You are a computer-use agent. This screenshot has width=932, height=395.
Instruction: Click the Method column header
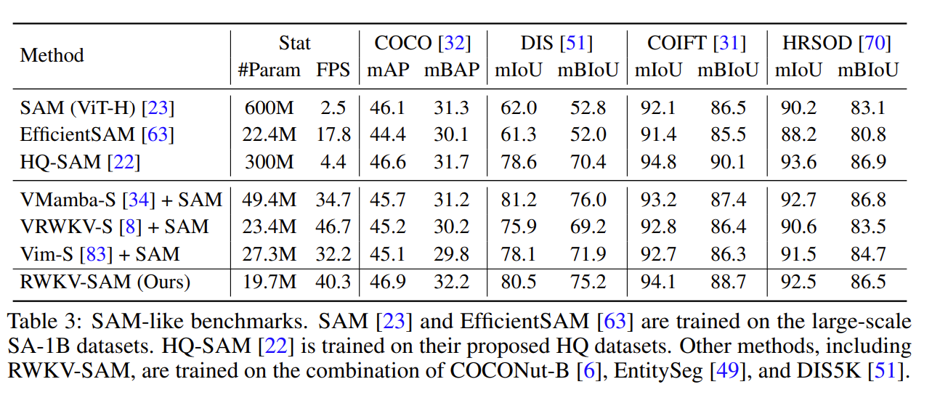coord(52,56)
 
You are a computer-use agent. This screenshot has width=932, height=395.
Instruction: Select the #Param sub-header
coord(269,70)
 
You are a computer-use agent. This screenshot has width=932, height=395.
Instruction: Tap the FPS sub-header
coord(333,70)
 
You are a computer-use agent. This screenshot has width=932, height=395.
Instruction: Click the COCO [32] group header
coord(422,44)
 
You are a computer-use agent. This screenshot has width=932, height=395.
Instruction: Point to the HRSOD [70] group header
coord(836,44)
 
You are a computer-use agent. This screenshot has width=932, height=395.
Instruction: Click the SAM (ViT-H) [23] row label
coord(97,108)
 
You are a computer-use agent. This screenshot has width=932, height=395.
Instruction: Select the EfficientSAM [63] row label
coord(97,134)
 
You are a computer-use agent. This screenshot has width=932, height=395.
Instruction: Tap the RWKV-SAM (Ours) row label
coord(105,281)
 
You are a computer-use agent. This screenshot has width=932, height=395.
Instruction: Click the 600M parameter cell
coord(269,108)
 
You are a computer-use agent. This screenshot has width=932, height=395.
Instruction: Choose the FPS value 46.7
coord(333,227)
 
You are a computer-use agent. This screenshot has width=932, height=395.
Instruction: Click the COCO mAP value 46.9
coord(387,281)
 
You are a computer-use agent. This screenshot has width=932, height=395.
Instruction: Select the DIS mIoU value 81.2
coord(517,199)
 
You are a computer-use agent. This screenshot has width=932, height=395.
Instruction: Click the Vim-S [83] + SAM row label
coord(100,254)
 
